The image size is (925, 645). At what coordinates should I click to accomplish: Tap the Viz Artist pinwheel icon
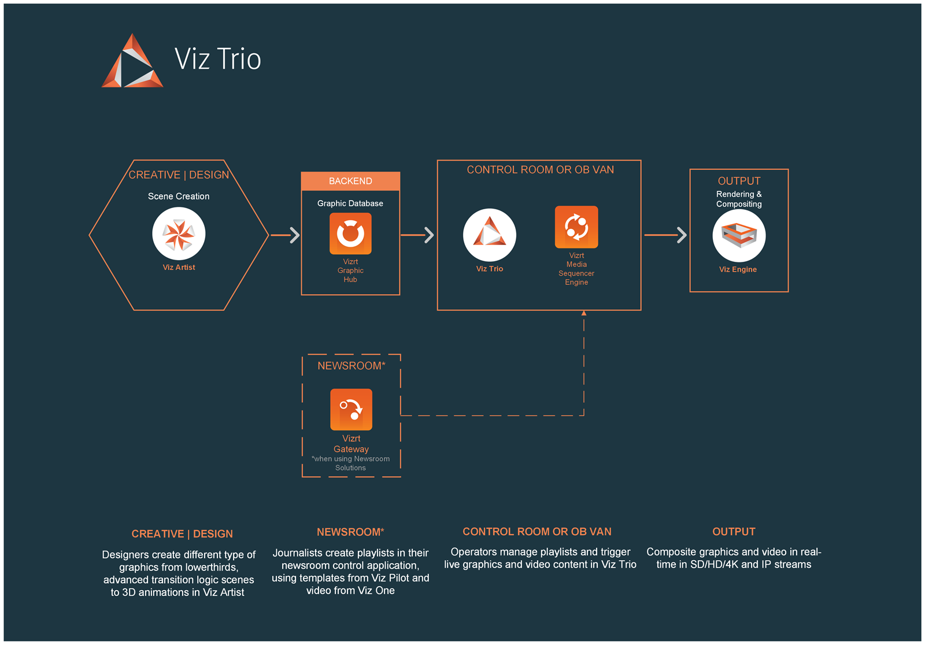pos(179,234)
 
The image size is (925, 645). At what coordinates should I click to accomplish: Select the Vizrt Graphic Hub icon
pos(350,233)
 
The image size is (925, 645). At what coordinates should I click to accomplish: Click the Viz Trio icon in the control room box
pos(489,235)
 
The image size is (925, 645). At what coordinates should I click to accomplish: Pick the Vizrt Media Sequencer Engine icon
pos(576,227)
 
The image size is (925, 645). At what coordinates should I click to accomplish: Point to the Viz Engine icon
pos(739,235)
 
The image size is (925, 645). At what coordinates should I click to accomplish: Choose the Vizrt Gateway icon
pos(351,410)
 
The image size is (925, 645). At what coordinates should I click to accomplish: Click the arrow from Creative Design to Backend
pos(286,235)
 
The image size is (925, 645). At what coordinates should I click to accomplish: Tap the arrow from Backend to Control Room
pos(417,235)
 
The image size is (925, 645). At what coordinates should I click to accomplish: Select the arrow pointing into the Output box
pos(665,235)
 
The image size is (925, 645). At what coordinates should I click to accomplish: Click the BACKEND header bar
pos(350,181)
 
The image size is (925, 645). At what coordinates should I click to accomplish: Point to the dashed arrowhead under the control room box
pos(584,313)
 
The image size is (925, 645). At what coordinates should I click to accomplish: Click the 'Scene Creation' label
pos(179,196)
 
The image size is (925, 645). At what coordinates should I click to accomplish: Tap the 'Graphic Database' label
pos(350,203)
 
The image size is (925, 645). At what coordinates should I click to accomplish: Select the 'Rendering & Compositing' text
pos(739,199)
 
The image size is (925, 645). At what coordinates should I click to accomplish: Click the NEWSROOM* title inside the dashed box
pos(351,366)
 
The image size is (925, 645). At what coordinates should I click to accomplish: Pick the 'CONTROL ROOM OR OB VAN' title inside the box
pos(540,170)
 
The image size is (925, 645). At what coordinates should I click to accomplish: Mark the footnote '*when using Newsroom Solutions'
pos(350,464)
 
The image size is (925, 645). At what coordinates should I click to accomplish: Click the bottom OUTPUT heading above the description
pos(734,532)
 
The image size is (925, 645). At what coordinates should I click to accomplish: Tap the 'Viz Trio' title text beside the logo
pos(217,58)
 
